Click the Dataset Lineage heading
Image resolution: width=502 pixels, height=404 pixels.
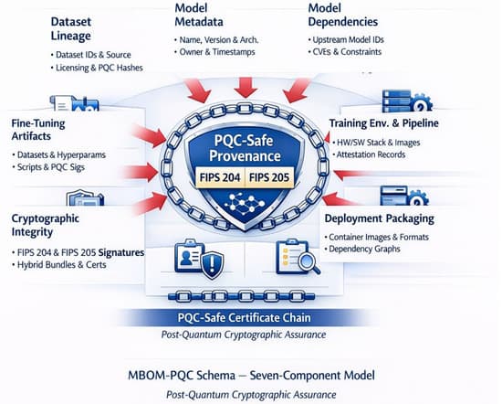tap(71, 29)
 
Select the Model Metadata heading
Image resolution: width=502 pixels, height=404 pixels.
tap(199, 15)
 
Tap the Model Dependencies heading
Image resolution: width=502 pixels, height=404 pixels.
tap(342, 15)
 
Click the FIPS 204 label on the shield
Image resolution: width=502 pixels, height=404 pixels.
tap(220, 177)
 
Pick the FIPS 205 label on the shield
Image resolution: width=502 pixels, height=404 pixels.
tap(269, 177)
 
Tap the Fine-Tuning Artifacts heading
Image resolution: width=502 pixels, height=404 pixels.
tap(38, 130)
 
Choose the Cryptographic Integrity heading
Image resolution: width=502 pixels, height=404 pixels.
tap(45, 225)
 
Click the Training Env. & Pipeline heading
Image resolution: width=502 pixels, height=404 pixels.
tap(384, 123)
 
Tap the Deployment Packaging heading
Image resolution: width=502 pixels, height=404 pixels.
tap(380, 218)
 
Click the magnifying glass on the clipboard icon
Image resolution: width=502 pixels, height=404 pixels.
tap(309, 263)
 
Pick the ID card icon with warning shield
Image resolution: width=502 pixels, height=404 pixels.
tap(199, 259)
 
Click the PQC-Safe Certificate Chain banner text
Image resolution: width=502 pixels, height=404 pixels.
tap(244, 318)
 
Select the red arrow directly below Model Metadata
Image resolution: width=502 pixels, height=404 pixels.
tap(246, 87)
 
